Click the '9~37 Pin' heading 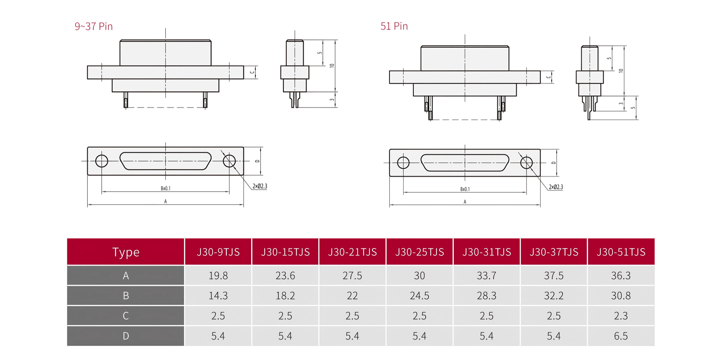pos(94,26)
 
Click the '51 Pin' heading pos(394,26)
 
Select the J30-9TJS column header pos(218,252)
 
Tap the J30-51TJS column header pos(621,252)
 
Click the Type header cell pos(126,252)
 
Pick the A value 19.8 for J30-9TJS pos(218,276)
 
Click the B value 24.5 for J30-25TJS pos(419,296)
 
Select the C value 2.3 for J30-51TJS pos(621,316)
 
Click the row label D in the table pos(126,336)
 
